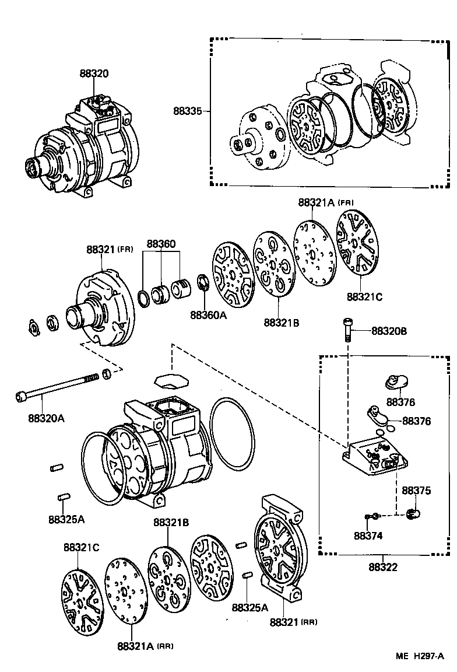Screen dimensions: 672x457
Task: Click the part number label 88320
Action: [94, 73]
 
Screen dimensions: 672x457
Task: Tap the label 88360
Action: [161, 244]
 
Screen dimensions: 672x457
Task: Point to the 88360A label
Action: [208, 315]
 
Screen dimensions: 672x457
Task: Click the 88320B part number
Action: [389, 331]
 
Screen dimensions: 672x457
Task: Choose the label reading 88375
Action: [416, 491]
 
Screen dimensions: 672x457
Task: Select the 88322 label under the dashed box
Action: [384, 566]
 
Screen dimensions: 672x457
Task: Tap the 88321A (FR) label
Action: [326, 202]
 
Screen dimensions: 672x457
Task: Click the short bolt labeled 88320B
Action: [348, 330]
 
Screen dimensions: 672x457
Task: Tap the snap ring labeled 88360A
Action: [204, 282]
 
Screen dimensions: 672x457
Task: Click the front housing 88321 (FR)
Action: [105, 309]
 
